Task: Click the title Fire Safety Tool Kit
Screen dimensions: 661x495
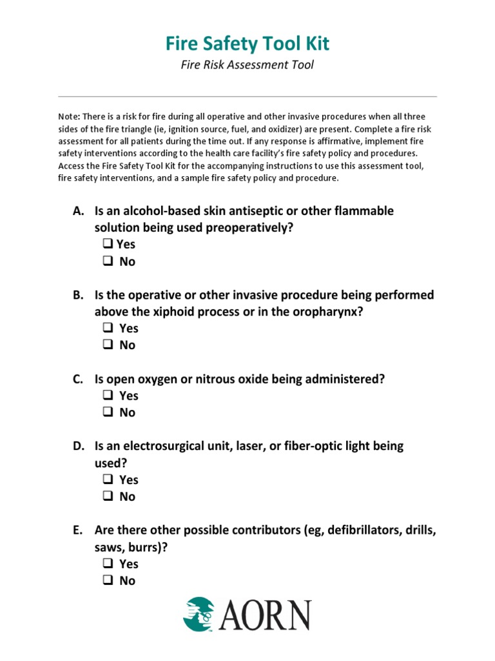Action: point(247,43)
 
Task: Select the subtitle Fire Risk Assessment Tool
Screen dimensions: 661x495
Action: point(247,65)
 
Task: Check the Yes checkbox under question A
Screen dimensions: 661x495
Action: point(107,245)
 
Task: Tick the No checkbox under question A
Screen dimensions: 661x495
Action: point(107,261)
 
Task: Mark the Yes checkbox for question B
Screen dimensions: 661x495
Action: point(107,329)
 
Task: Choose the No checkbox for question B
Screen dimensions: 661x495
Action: point(107,345)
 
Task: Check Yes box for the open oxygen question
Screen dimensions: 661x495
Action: point(107,396)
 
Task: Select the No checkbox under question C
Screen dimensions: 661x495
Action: point(107,412)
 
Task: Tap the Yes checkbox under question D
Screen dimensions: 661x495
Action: point(107,480)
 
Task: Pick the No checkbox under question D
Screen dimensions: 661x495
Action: point(107,496)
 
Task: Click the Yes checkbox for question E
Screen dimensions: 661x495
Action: point(107,564)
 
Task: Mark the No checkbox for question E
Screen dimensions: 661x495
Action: point(107,580)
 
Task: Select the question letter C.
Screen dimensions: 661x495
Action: point(77,380)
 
